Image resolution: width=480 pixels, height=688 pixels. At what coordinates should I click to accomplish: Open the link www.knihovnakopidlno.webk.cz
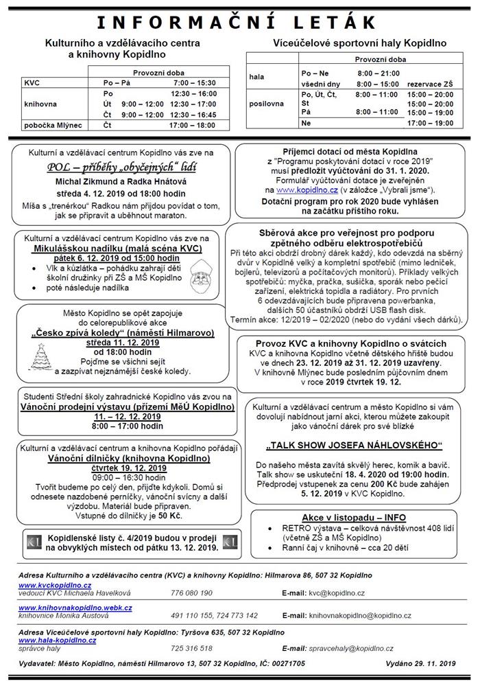[75, 608]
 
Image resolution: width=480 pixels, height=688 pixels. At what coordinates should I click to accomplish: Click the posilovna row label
[267, 103]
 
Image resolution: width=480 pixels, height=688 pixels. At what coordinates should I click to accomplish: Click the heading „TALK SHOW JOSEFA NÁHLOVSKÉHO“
[354, 443]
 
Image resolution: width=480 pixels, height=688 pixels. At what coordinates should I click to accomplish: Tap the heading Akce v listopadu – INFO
[355, 516]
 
